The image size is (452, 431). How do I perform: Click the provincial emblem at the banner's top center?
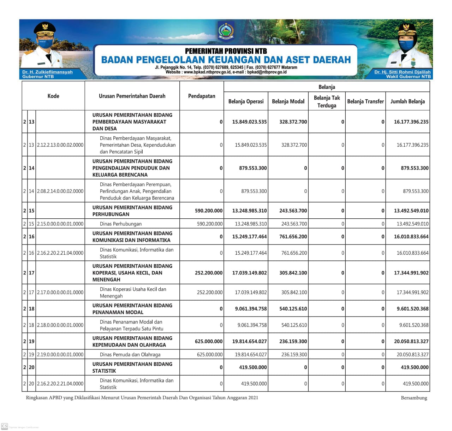point(226,31)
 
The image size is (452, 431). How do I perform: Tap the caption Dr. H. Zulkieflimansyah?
point(47,72)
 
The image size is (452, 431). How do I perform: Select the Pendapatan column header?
point(202,96)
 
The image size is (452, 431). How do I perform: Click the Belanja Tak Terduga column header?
point(327,102)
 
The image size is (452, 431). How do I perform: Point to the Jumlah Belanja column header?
point(408,101)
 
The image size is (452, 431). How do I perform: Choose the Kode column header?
point(53,96)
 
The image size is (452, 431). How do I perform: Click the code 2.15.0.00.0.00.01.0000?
point(60,224)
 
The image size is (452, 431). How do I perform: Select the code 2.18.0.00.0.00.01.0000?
point(60,325)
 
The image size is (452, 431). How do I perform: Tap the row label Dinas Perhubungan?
point(121,224)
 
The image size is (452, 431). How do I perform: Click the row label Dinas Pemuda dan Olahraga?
point(130,355)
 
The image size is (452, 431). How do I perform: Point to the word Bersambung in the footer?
point(414,398)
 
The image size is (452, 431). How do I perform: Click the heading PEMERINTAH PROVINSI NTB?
point(226,51)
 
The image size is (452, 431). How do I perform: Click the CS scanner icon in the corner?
point(5,426)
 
